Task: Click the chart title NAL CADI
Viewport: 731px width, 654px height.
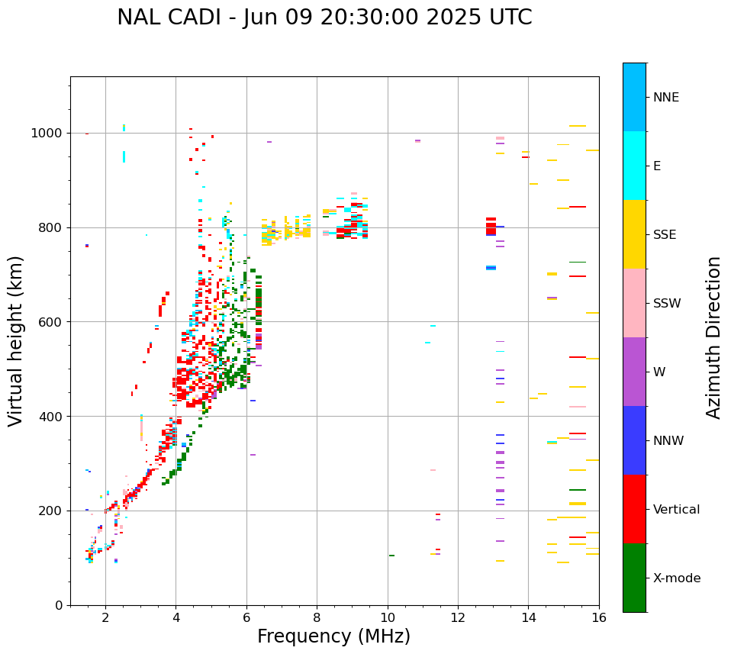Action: coord(324,18)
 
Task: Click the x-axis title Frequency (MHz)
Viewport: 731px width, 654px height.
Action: coord(333,636)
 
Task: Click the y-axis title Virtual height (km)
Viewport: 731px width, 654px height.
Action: coord(16,341)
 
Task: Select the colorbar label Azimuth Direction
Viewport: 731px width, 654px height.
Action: coord(713,337)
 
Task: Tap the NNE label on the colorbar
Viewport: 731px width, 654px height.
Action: coord(666,98)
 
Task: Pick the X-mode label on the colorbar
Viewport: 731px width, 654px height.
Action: coord(677,578)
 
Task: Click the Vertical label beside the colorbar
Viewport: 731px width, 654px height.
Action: coord(676,510)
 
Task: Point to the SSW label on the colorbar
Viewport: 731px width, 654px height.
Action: coord(667,304)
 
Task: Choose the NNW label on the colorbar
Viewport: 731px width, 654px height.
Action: coord(668,441)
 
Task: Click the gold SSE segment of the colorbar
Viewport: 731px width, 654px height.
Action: coord(634,234)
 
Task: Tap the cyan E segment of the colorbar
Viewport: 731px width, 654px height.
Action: coord(634,166)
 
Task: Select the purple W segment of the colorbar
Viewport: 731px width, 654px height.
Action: coord(634,372)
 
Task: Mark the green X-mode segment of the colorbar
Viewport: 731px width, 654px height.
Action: coord(634,578)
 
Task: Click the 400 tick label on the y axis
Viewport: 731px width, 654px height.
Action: coord(54,417)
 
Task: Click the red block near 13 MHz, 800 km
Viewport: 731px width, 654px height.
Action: coord(491,227)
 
